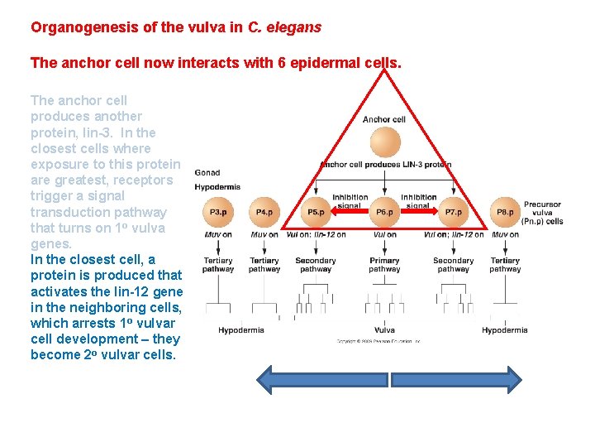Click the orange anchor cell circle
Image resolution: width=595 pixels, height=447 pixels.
tap(385, 142)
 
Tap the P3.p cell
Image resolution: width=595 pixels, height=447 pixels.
tap(218, 212)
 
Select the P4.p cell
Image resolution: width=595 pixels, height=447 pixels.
tap(264, 212)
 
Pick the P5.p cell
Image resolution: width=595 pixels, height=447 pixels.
tap(316, 212)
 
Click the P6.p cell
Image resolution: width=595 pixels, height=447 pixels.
tap(385, 212)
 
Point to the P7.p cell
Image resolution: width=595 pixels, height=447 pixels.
tap(454, 212)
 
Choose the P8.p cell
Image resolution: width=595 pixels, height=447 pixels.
tap(505, 212)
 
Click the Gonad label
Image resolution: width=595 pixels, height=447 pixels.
tap(207, 172)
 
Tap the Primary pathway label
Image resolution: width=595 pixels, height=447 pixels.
tap(384, 265)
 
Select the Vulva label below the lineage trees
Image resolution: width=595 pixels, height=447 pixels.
tap(384, 330)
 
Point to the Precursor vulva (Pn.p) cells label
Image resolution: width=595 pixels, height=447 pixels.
tap(542, 213)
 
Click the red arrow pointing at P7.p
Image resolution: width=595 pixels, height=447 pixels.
tap(419, 213)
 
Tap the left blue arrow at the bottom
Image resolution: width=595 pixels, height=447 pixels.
tap(322, 379)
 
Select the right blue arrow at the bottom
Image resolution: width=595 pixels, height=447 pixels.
tap(456, 379)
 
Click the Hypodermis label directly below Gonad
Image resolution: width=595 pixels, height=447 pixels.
tap(217, 187)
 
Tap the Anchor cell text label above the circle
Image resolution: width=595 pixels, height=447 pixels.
tap(384, 119)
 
